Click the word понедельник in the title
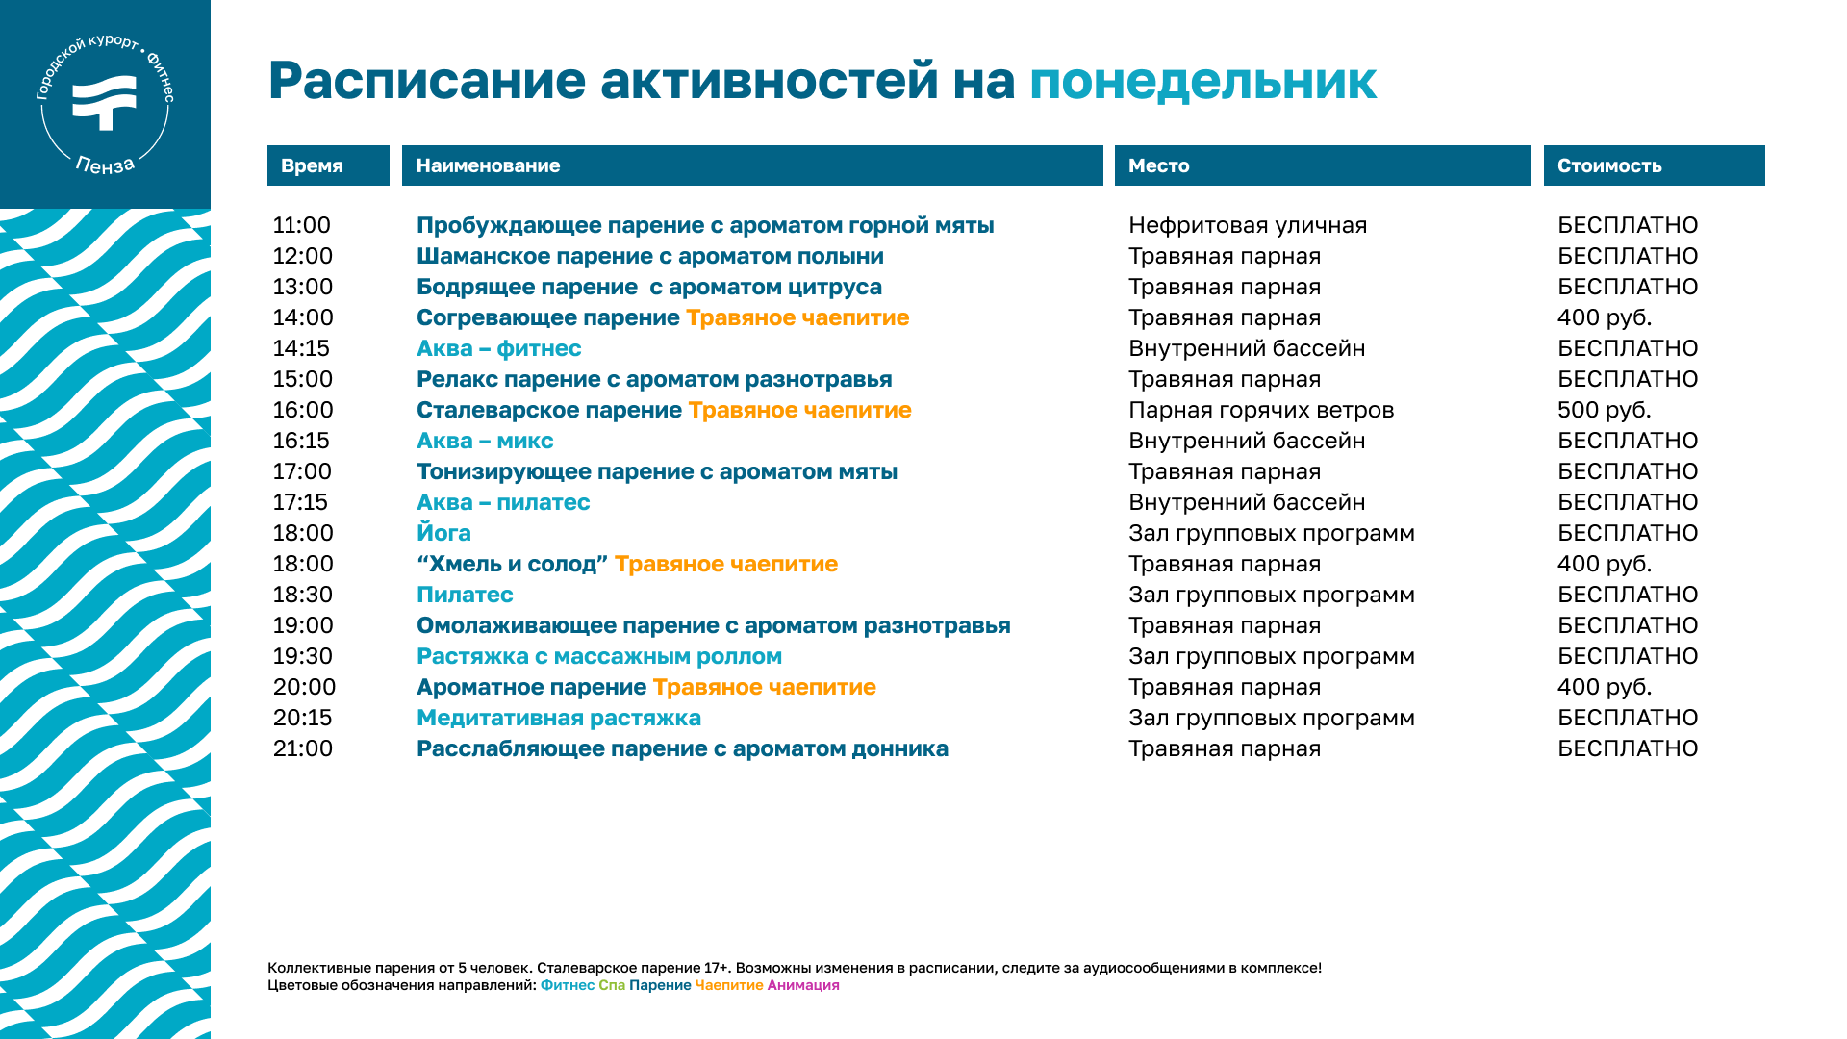pos(1202,81)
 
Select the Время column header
pos(312,165)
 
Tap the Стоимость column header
pos(1609,165)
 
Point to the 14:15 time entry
pos(301,348)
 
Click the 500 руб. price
pos(1604,410)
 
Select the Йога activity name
pos(443,532)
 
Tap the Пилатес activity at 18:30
pos(465,595)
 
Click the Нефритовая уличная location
pos(1248,225)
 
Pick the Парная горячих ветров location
pos(1261,410)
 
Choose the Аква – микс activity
pos(485,441)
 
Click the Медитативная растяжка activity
pos(559,718)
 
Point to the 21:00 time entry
pos(303,748)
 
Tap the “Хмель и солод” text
pos(512,564)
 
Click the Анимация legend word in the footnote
pos(803,985)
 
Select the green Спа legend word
pos(612,985)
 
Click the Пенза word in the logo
pos(106,165)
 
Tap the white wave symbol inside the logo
pos(105,102)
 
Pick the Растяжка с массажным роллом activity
pos(599,656)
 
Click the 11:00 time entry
pos(301,225)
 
